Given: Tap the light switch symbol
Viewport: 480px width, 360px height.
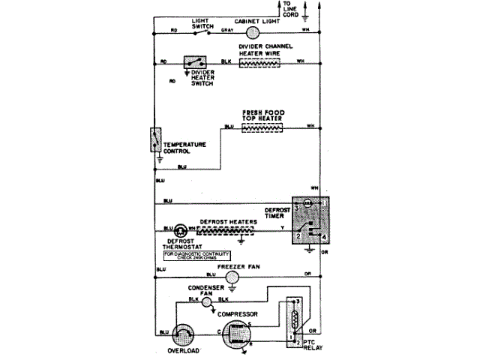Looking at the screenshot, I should pos(199,31).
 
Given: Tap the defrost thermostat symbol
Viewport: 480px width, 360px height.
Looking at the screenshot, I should pos(181,229).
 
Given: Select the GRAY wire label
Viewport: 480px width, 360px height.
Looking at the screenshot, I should pos(227,30).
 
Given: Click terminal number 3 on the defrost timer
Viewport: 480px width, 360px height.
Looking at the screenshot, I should pos(297,205).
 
